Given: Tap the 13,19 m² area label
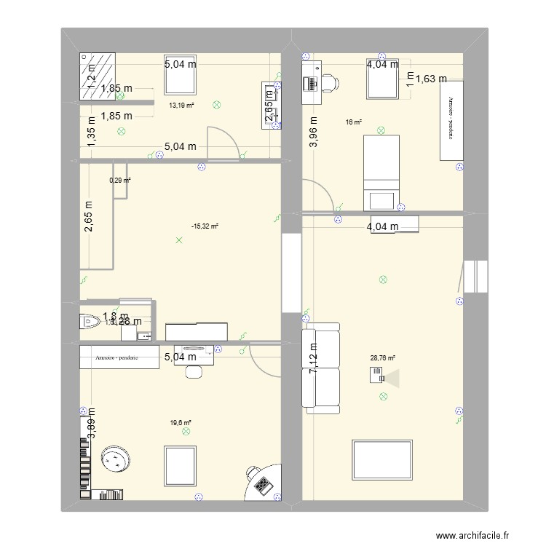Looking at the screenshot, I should (182, 106).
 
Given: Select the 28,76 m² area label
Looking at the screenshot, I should (382, 357).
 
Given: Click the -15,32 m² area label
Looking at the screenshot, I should (205, 226).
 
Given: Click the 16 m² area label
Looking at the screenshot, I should (355, 122).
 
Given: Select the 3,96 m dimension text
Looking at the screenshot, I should (314, 132).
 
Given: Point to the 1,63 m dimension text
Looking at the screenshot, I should (430, 79).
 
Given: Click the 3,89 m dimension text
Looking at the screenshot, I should (92, 423).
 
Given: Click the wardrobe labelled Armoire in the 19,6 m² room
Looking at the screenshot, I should (120, 357).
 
